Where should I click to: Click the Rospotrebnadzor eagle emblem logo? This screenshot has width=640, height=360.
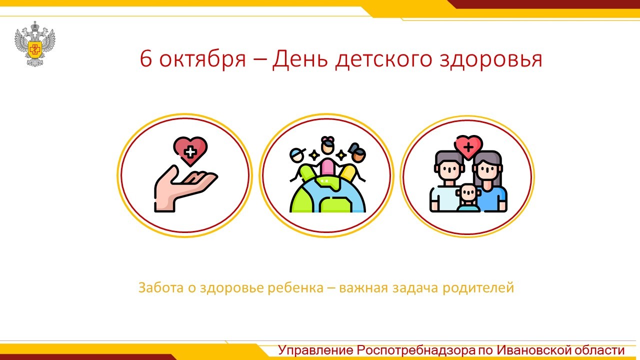(35, 44)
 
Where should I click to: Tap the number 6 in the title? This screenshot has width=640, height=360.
(145, 59)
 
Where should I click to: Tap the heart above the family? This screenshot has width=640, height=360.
(468, 147)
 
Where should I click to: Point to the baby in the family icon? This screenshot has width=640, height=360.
(468, 197)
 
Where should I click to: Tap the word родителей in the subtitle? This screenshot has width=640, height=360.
(478, 288)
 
